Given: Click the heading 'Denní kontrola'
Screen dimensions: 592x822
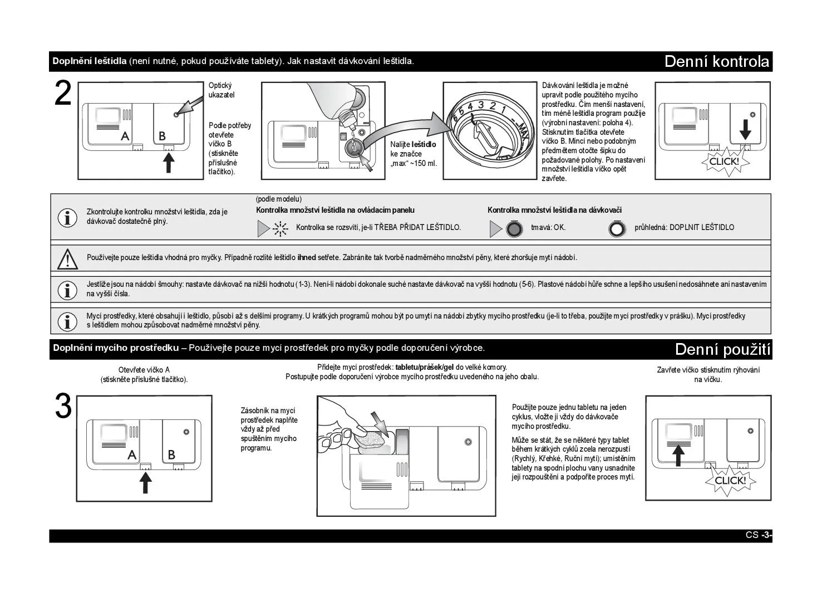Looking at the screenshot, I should [x=717, y=61].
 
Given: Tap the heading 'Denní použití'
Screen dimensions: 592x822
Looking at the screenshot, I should [x=722, y=350].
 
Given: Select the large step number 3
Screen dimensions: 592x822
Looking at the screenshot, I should [x=63, y=407].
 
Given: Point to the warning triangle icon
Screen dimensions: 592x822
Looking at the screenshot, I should [x=67, y=259].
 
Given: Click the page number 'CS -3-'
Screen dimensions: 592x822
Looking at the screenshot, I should [x=758, y=535].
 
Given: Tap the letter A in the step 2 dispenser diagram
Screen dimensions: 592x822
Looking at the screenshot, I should [x=125, y=136].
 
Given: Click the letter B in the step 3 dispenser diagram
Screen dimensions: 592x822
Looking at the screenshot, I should [x=171, y=455].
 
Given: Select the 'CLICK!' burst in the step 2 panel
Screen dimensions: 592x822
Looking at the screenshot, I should [x=723, y=162].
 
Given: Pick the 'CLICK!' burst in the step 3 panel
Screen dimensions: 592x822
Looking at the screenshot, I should [x=730, y=481].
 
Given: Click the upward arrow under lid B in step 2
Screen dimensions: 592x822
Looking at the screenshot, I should [x=169, y=163].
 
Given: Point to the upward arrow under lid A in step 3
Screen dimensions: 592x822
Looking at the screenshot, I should [x=145, y=482].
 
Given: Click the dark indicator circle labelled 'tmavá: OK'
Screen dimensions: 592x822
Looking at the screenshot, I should [x=514, y=229].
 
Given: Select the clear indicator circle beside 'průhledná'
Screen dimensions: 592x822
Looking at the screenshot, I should [x=617, y=229].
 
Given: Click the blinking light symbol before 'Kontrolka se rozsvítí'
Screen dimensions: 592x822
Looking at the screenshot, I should [x=280, y=228].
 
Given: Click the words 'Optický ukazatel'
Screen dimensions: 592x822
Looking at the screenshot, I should [x=222, y=90].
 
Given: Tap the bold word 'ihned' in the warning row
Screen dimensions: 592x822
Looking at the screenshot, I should [x=307, y=257].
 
